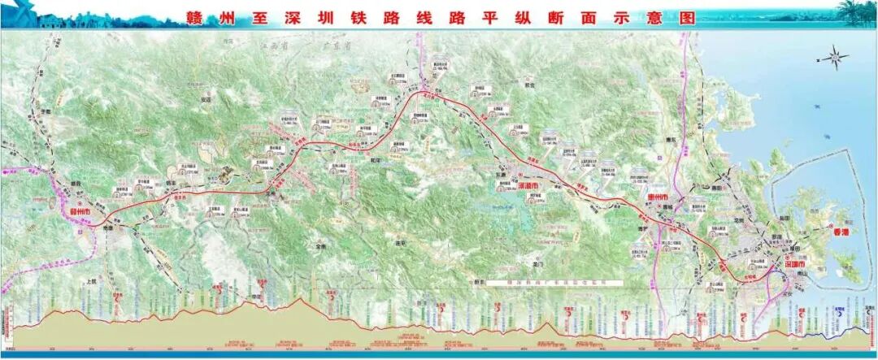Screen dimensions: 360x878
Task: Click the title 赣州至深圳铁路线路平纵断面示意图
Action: tap(439, 15)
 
